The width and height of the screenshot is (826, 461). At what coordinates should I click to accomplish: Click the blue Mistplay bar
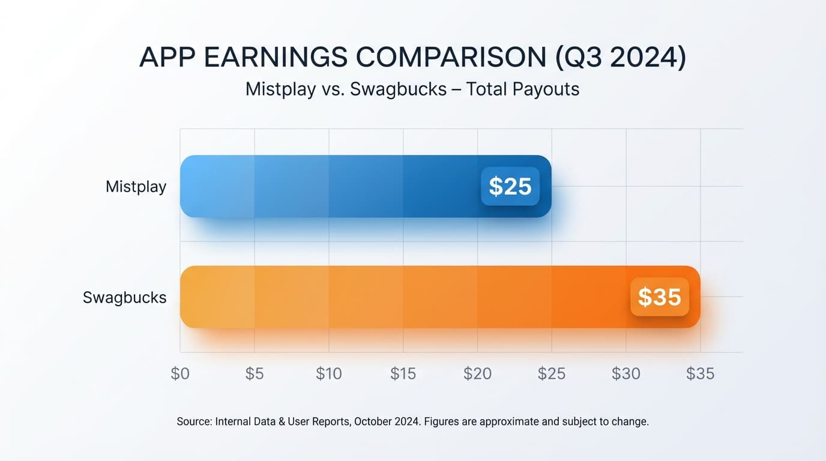330,186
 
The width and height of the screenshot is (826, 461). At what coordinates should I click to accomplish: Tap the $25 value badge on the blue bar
510,186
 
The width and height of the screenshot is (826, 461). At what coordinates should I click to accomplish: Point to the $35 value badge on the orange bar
659,297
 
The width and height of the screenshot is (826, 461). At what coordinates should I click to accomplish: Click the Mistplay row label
136,186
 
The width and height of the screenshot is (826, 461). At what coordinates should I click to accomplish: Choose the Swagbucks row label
124,297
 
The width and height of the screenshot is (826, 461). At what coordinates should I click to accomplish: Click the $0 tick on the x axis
180,373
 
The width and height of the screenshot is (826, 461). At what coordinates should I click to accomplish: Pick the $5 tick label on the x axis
255,373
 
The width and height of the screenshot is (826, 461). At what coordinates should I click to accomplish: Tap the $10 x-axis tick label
329,373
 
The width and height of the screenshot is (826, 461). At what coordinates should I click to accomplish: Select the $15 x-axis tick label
403,373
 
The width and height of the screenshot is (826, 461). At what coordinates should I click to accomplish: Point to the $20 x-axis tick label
477,373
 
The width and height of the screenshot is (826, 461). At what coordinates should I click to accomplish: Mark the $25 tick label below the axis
552,373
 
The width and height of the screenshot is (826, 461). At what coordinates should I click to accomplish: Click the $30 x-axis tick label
626,373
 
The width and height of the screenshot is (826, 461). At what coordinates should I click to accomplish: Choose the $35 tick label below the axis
700,373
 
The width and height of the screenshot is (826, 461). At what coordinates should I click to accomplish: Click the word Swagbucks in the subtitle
399,89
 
